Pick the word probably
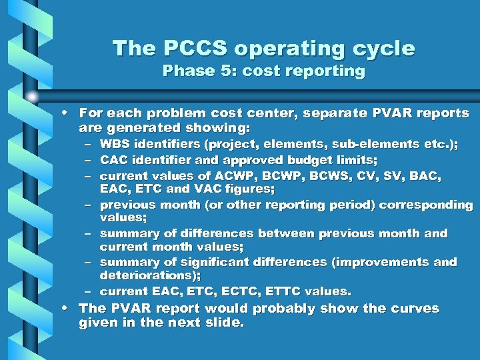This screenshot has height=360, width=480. (x=285, y=309)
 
